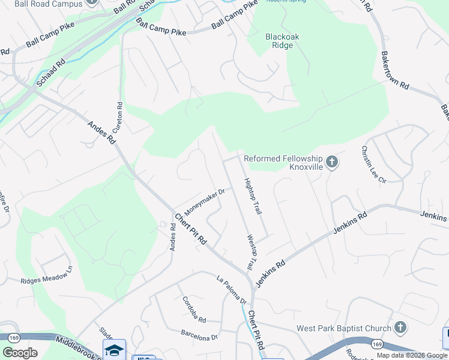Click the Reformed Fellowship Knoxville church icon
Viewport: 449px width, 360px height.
click(x=332, y=162)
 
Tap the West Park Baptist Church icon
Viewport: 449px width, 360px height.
click(x=400, y=328)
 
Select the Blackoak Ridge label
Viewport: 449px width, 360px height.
click(x=282, y=41)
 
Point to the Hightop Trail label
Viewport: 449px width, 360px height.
click(x=253, y=197)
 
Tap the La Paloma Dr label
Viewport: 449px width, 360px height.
click(x=232, y=289)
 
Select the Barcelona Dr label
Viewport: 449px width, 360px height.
click(x=200, y=335)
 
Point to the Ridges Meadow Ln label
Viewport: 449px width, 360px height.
click(x=46, y=277)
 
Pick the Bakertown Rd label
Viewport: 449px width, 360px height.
click(x=394, y=70)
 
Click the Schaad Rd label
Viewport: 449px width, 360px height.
click(x=50, y=72)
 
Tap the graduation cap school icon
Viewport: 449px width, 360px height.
click(x=113, y=350)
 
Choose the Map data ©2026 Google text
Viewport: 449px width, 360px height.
click(x=412, y=355)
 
